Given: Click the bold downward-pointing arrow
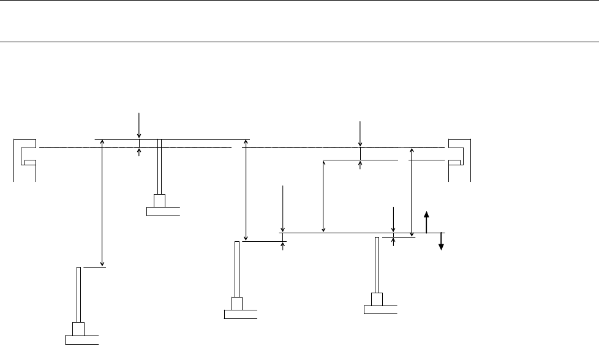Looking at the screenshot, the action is (x=441, y=242).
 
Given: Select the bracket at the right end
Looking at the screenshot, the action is (x=459, y=160).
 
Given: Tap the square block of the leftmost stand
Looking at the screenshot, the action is (x=78, y=329).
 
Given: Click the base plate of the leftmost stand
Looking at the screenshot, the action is (x=82, y=339).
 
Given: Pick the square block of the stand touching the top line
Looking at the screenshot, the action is (x=160, y=201).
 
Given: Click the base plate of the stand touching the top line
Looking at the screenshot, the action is (x=164, y=212).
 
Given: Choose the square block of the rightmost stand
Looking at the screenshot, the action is (x=377, y=299).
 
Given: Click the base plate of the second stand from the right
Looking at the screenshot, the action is (x=241, y=315).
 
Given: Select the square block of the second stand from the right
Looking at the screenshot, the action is (x=237, y=303).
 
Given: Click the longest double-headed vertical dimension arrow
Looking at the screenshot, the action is (x=102, y=203).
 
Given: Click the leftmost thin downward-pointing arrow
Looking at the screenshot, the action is (x=140, y=125).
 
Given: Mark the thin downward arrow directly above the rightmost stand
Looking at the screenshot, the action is (x=393, y=220).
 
